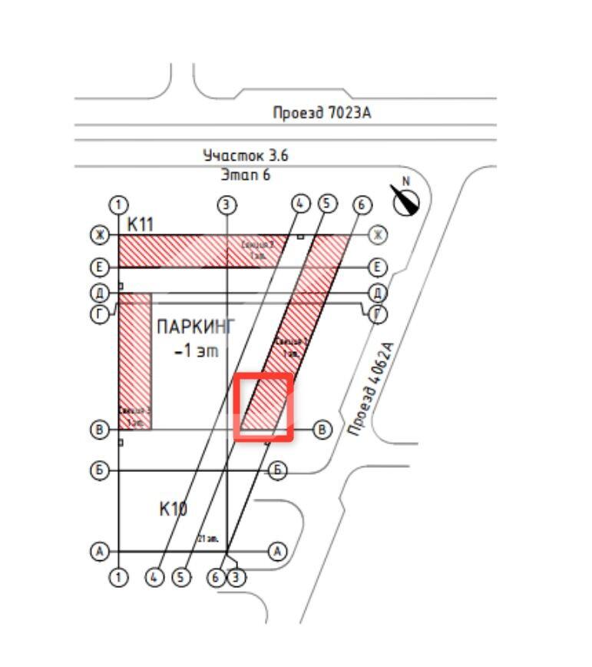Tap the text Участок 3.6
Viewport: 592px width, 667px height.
246,155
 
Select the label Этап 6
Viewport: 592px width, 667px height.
246,174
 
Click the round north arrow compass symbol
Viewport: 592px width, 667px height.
407,201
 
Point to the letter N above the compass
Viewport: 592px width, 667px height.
407,181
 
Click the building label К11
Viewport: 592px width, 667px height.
141,224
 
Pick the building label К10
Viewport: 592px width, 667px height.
174,509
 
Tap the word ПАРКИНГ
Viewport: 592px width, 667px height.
196,327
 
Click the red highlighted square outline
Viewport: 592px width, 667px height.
264,407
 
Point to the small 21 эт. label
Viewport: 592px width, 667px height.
209,539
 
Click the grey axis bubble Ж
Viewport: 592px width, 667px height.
377,234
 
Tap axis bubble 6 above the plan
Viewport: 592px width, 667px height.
362,204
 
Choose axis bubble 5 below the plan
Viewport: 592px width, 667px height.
181,576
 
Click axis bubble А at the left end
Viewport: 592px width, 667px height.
98,551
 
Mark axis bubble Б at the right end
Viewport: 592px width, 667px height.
278,470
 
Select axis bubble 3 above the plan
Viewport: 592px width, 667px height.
227,204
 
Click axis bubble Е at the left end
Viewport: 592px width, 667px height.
99,267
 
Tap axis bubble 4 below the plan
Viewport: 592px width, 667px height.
156,576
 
